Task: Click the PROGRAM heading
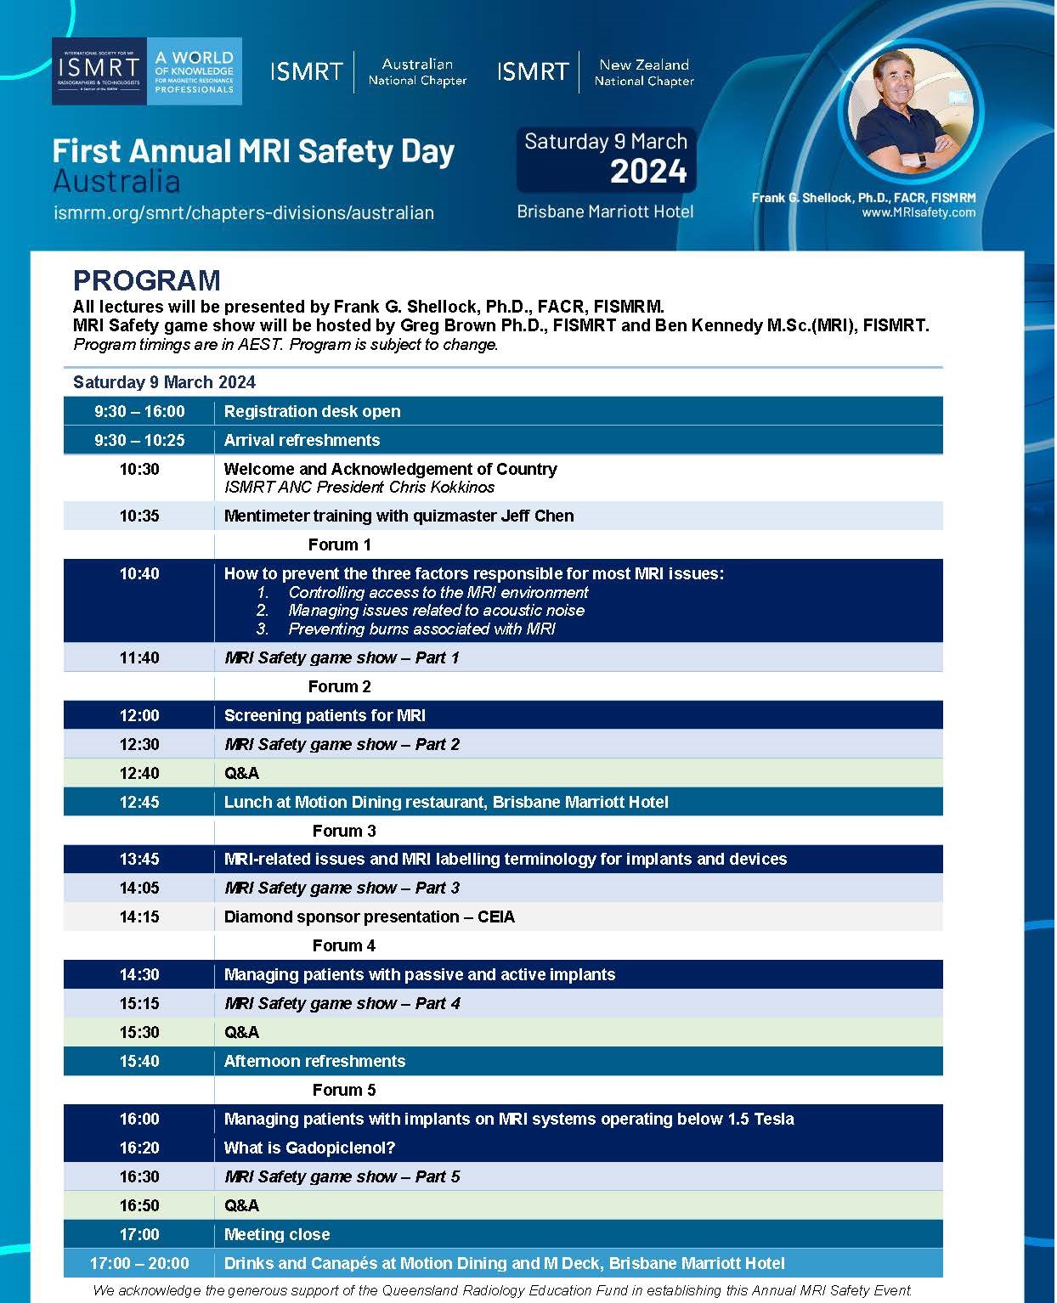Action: [x=146, y=280]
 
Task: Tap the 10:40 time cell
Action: [x=139, y=574]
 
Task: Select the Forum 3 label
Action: [x=344, y=831]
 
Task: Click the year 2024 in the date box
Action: [x=648, y=172]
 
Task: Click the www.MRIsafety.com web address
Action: [x=919, y=213]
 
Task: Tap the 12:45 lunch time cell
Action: [x=139, y=802]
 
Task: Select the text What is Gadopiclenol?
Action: [x=309, y=1148]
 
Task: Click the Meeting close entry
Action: [x=277, y=1235]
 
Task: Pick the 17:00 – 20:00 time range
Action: [x=139, y=1264]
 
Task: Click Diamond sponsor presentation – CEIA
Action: [x=369, y=917]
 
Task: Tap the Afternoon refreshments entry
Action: [x=314, y=1062]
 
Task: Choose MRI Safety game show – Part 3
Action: [x=342, y=888]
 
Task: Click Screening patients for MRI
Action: [x=325, y=716]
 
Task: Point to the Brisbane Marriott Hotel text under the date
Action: [x=605, y=212]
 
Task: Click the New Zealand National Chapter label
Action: [x=643, y=73]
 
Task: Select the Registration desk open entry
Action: [x=312, y=412]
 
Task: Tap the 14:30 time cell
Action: [x=139, y=975]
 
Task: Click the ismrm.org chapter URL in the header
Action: [x=243, y=213]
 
